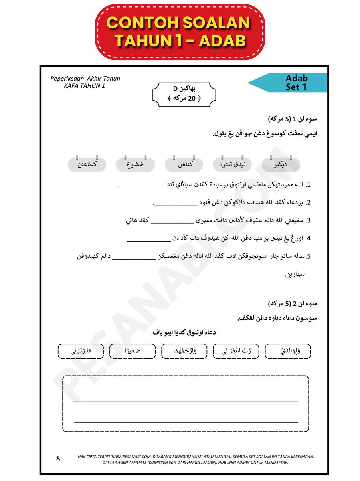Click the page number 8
click(x=58, y=459)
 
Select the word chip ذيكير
click(x=281, y=164)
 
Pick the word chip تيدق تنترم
click(x=233, y=164)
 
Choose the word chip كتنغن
click(x=184, y=164)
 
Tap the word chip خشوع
click(x=136, y=164)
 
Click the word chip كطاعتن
click(x=87, y=164)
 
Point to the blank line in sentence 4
click(x=149, y=240)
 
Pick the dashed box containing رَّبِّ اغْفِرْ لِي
click(x=236, y=351)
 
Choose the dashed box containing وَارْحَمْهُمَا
click(x=184, y=351)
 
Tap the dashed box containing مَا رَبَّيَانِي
click(x=81, y=351)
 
